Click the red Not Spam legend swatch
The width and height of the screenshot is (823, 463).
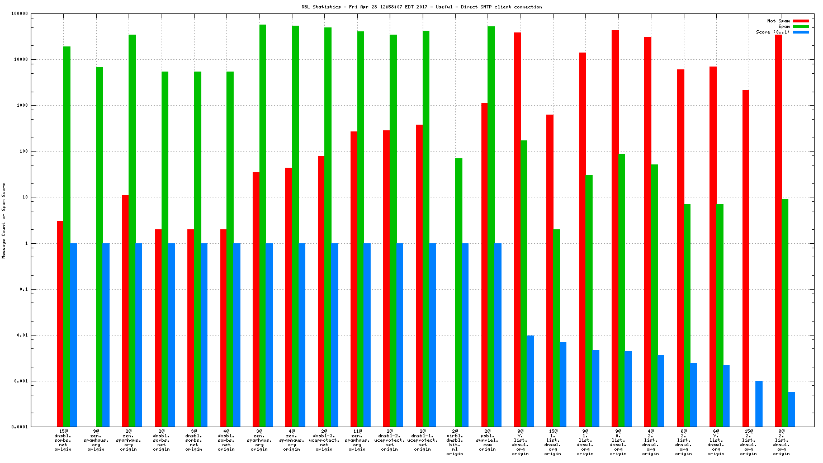coord(801,21)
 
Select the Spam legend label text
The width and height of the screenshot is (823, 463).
coord(784,26)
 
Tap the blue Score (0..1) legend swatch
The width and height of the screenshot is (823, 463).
coord(801,32)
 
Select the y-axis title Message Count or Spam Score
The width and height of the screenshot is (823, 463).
coord(4,221)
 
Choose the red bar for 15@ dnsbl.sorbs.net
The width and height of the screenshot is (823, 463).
coord(60,324)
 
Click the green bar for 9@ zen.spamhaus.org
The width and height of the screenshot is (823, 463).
coord(100,247)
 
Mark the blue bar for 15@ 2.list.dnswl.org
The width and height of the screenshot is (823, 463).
coord(759,404)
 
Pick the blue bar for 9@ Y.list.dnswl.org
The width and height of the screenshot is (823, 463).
coord(530,381)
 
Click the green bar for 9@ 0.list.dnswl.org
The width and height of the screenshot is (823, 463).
coord(622,290)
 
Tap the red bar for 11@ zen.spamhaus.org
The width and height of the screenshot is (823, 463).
coord(354,279)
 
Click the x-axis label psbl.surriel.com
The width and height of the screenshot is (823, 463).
coord(488,440)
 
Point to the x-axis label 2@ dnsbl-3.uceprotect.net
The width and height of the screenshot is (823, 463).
coord(324,440)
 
